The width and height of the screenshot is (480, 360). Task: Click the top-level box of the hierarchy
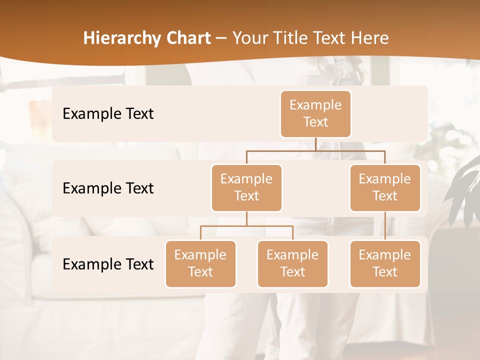pyautogui.click(x=315, y=114)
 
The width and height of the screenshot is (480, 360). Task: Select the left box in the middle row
pyautogui.click(x=246, y=187)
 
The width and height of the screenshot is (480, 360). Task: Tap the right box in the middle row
pyautogui.click(x=385, y=187)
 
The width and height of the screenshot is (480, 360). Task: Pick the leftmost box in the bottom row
pyautogui.click(x=200, y=263)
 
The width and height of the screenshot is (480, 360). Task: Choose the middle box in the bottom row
pyautogui.click(x=292, y=263)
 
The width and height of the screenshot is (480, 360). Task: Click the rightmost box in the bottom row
pyautogui.click(x=385, y=263)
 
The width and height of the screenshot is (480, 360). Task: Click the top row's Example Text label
pyautogui.click(x=108, y=114)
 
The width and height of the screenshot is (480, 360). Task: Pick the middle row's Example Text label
pyautogui.click(x=108, y=188)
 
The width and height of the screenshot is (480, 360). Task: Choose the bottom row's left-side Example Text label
pyautogui.click(x=108, y=264)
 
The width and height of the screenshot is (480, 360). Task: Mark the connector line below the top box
pyautogui.click(x=315, y=144)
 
